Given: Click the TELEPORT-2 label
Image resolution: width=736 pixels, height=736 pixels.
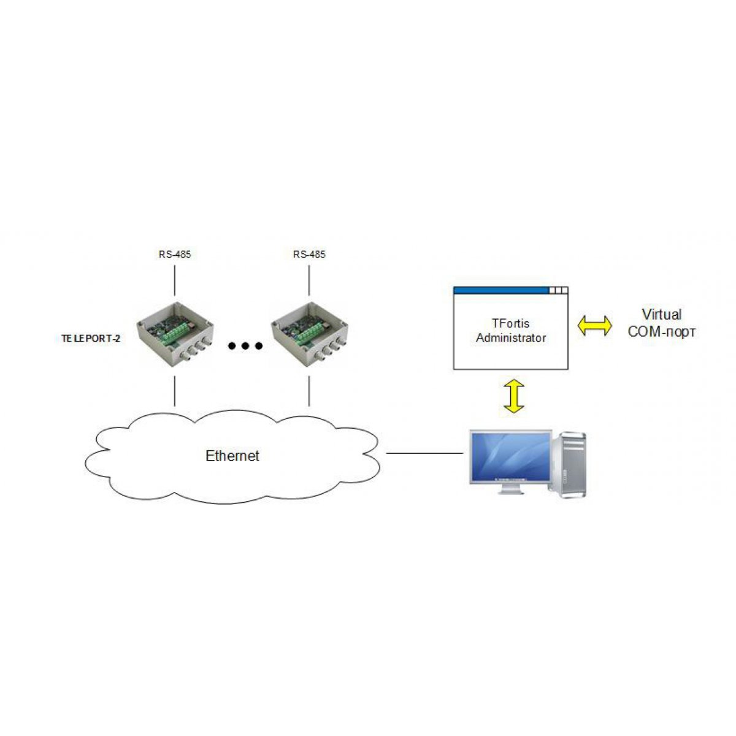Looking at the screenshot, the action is [x=91, y=339].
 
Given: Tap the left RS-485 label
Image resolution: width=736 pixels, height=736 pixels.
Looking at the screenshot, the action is [x=175, y=255].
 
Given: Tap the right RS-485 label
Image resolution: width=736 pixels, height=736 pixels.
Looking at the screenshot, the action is [x=309, y=255].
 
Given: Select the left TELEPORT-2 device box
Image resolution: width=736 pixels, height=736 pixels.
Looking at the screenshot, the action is [x=175, y=334].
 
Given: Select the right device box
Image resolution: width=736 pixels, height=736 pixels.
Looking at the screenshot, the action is [x=309, y=334].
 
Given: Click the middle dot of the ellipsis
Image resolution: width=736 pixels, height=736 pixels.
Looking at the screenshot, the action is [x=245, y=346].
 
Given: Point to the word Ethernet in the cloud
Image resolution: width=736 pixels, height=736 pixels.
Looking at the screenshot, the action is [x=232, y=456].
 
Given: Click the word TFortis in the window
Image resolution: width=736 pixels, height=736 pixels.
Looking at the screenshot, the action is [x=510, y=323].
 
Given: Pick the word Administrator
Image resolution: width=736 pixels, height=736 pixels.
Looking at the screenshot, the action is [x=511, y=337].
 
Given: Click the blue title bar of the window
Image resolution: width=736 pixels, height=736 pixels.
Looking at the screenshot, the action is [x=501, y=290].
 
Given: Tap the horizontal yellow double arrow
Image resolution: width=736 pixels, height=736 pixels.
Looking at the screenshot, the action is [x=594, y=326].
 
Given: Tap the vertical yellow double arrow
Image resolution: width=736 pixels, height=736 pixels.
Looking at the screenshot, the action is [x=514, y=396].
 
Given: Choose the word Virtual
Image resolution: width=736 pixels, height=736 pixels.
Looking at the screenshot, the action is [x=662, y=315].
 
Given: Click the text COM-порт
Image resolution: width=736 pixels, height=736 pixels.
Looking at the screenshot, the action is [x=662, y=332].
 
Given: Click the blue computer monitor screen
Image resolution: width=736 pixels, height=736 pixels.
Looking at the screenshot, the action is [x=510, y=456].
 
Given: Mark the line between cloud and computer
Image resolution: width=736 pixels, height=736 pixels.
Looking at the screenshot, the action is [x=424, y=453].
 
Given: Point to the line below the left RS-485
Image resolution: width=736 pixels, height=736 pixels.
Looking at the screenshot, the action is [x=175, y=280].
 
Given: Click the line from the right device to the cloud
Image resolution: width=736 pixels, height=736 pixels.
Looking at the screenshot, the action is [x=309, y=391].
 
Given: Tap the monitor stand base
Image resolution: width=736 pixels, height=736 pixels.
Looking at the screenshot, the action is [x=511, y=491].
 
